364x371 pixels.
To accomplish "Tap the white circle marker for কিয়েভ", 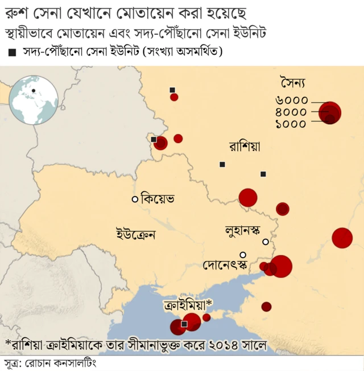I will point(135,199).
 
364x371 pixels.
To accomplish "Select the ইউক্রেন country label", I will point(136,234).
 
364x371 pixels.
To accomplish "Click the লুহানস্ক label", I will point(242,231).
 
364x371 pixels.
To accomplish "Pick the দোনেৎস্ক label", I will point(226,265).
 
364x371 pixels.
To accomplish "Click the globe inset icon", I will point(34,100).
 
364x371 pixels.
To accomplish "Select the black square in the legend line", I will point(13,53).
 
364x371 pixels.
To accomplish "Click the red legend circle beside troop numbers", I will point(330,112).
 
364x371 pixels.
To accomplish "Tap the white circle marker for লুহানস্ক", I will point(265,242).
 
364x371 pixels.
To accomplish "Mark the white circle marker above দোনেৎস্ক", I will point(243,255).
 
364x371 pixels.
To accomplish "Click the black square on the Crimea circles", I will point(184,324).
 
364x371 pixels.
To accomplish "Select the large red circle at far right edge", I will point(342,238).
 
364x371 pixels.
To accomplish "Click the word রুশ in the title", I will point(17,12).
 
